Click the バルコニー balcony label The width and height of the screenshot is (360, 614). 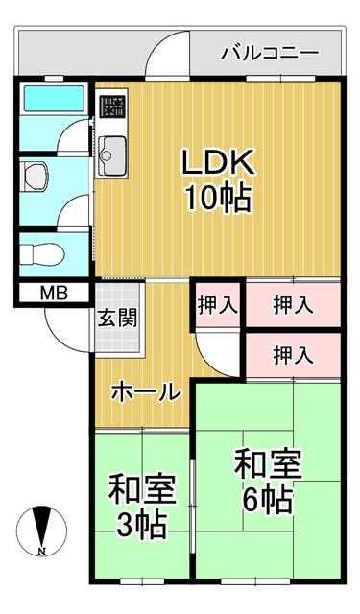pos(270,53)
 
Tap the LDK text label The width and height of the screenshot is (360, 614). pos(218,161)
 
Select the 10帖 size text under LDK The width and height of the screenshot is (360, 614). pos(218,198)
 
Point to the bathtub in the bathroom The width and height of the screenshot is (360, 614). pos(55,99)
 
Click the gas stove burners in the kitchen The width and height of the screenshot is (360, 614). pos(113,106)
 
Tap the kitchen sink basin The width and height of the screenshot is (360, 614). pos(112,155)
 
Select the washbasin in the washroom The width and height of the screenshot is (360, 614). pos(36,177)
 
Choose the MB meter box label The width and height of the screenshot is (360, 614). pos(55,293)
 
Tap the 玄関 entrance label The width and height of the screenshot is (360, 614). pos(117,318)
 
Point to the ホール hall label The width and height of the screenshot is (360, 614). pos(146,392)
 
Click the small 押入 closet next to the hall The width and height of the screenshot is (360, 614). pos(218,305)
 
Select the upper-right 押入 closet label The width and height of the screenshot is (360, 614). pos(293,305)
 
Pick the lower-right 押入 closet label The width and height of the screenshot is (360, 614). pos(293,355)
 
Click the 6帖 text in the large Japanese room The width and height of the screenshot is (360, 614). pos(268,500)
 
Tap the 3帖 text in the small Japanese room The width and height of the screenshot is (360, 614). pos(142,525)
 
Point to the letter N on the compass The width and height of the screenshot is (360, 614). pos(41,552)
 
